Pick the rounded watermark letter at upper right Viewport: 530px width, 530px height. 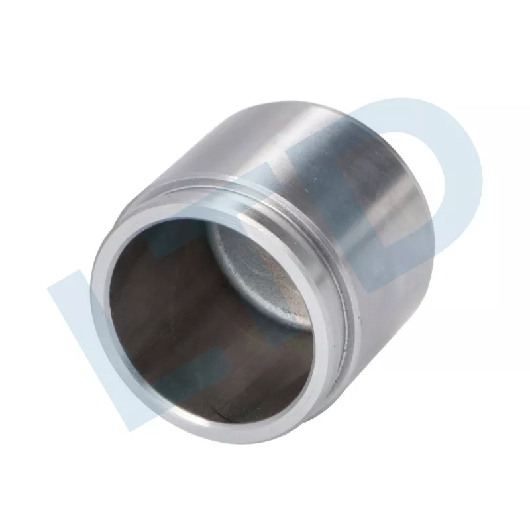[424, 159]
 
